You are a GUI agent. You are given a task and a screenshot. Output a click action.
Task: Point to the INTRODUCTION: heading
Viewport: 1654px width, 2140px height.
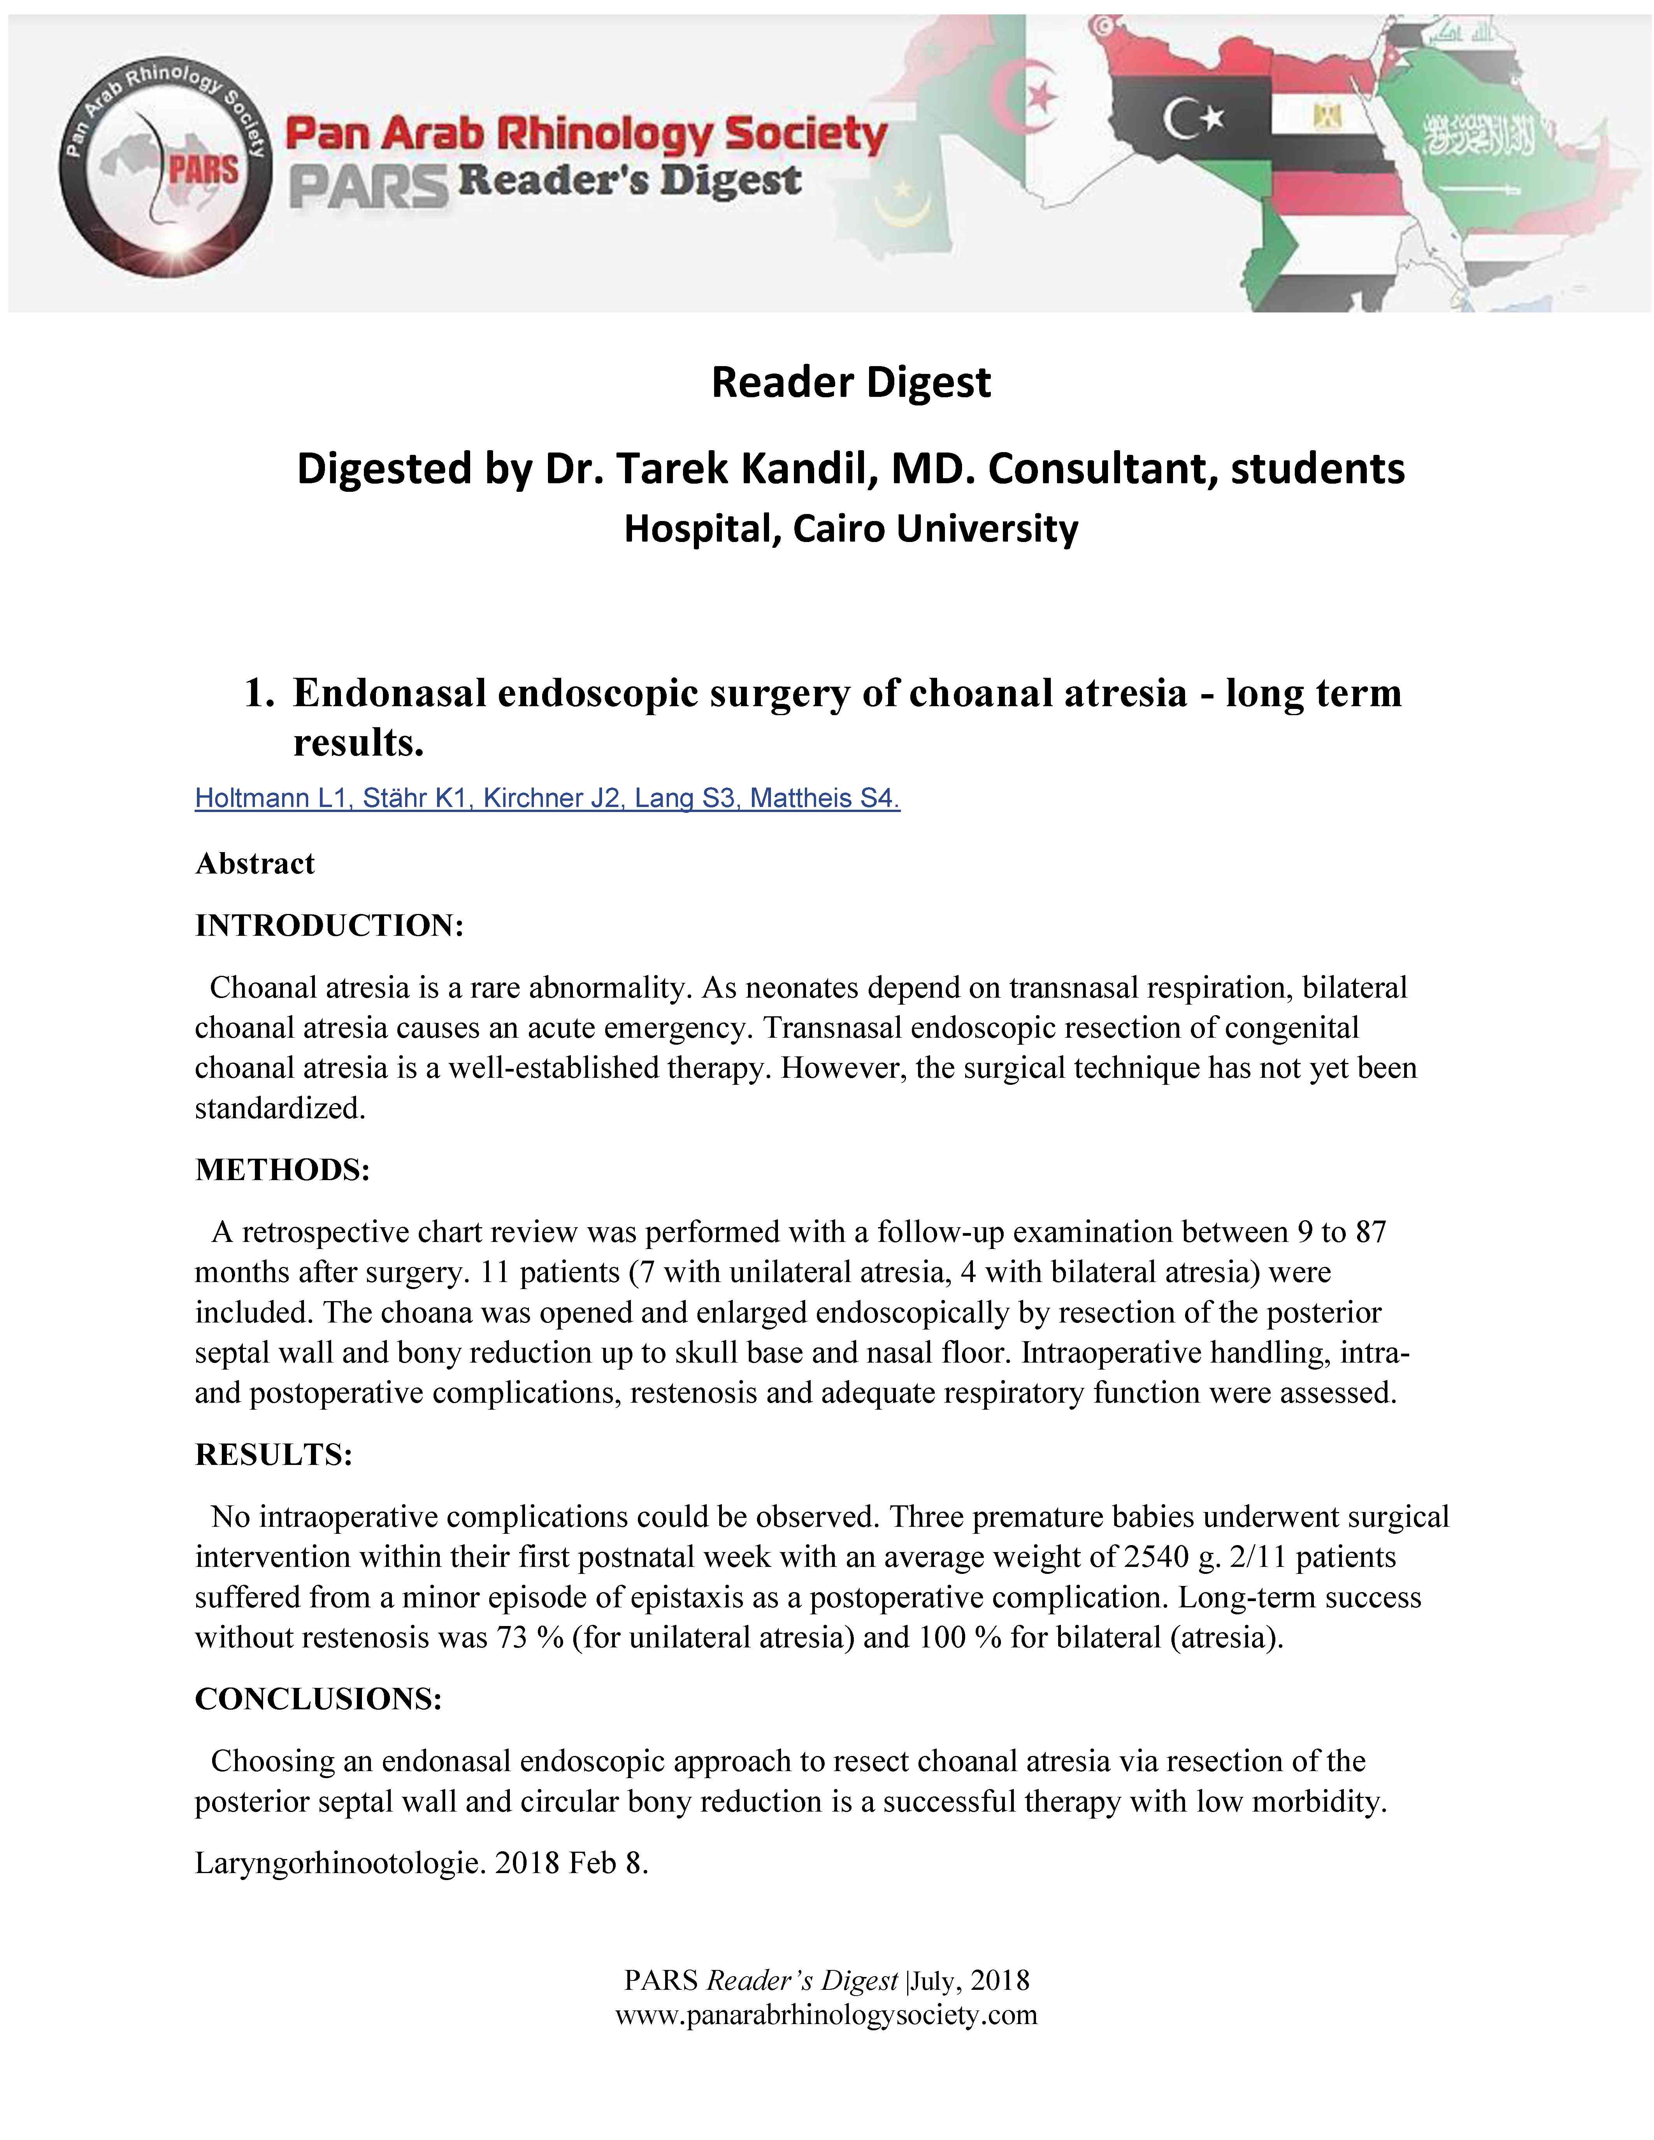point(329,925)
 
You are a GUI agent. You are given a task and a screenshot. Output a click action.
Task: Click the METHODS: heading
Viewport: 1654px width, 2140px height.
point(282,1169)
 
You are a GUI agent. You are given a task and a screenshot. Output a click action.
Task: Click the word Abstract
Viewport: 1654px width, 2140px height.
point(255,863)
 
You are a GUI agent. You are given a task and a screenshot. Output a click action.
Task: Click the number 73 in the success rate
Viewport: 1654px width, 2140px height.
point(511,1637)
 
